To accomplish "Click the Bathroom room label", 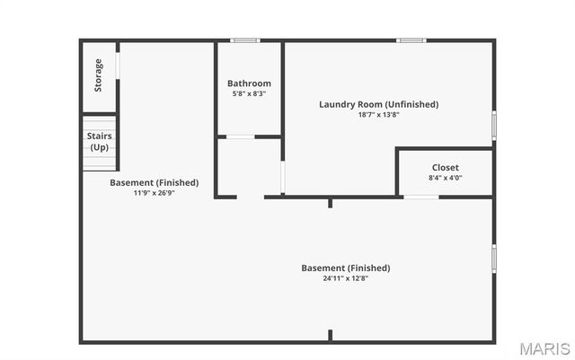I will (x=249, y=83).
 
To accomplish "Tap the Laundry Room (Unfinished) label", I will (x=378, y=104).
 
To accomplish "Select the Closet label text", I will (x=445, y=167).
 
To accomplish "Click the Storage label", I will (x=99, y=75).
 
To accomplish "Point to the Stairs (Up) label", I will (x=100, y=141).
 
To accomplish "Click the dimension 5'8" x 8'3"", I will (x=249, y=93).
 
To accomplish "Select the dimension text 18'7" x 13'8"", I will (x=378, y=114).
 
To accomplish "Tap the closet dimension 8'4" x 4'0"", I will (x=445, y=178).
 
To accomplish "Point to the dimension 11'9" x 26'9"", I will (x=154, y=193).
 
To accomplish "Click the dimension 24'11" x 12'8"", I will (x=346, y=278).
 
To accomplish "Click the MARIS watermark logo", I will (x=544, y=347).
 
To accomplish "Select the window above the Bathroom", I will (x=245, y=40).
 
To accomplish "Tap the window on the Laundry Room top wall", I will (x=411, y=40).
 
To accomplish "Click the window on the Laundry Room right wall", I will (x=493, y=124).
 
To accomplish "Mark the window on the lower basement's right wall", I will (x=493, y=258).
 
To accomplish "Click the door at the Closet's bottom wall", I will (x=420, y=197).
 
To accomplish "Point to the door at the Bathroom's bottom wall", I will (x=239, y=136).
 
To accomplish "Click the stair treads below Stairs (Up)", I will (x=101, y=162).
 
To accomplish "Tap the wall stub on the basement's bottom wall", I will (x=330, y=336).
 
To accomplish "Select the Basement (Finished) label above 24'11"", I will (x=346, y=268).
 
